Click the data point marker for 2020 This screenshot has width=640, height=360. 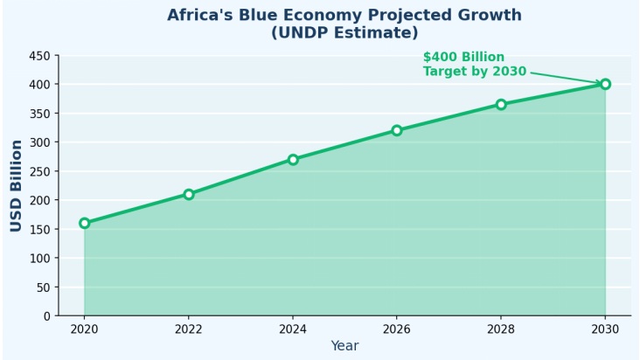(85, 223)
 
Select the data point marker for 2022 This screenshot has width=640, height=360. (189, 194)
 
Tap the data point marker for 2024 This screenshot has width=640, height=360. (293, 159)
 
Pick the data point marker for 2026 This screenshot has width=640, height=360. (397, 130)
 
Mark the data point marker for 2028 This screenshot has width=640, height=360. (501, 104)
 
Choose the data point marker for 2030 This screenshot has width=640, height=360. (605, 84)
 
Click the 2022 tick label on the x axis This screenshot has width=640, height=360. (189, 329)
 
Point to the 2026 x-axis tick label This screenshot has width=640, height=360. (397, 329)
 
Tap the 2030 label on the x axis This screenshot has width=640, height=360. (605, 329)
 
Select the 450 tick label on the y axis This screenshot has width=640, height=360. (39, 56)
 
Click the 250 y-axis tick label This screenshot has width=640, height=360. (39, 171)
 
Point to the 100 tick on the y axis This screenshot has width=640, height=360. (39, 258)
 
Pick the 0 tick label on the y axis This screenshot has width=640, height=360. (47, 316)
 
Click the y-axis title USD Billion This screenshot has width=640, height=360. (17, 185)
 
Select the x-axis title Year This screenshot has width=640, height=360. (344, 346)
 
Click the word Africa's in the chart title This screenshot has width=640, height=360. (201, 16)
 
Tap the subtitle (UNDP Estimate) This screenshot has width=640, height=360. (344, 33)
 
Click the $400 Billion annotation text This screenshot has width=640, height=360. (463, 58)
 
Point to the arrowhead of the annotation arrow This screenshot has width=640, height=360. (601, 83)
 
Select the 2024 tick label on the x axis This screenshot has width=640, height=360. (293, 329)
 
